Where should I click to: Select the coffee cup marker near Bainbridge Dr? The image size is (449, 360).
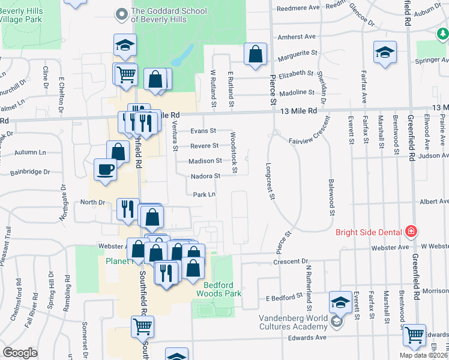coord(106,169)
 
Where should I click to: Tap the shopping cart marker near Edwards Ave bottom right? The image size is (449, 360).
coord(414,335)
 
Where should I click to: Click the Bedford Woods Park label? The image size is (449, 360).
coord(219,289)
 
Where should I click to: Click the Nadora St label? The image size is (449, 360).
coord(205,176)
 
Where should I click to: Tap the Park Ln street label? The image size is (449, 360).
coord(204,194)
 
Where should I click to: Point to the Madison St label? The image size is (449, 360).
coord(205,161)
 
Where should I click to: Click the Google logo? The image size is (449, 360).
coord(20,352)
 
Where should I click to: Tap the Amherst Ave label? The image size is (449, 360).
coord(297,37)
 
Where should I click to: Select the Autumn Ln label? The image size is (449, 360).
coord(26,152)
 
